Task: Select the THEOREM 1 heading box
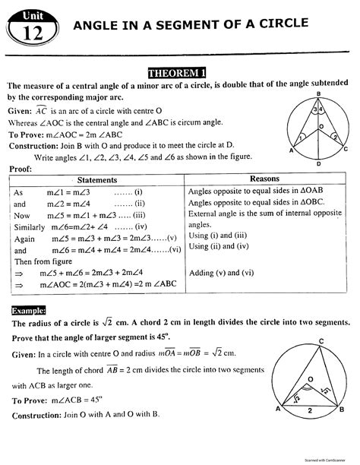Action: [179, 73]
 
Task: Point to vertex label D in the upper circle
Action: [318, 163]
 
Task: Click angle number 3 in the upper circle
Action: [314, 109]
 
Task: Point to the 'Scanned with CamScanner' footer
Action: [322, 460]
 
